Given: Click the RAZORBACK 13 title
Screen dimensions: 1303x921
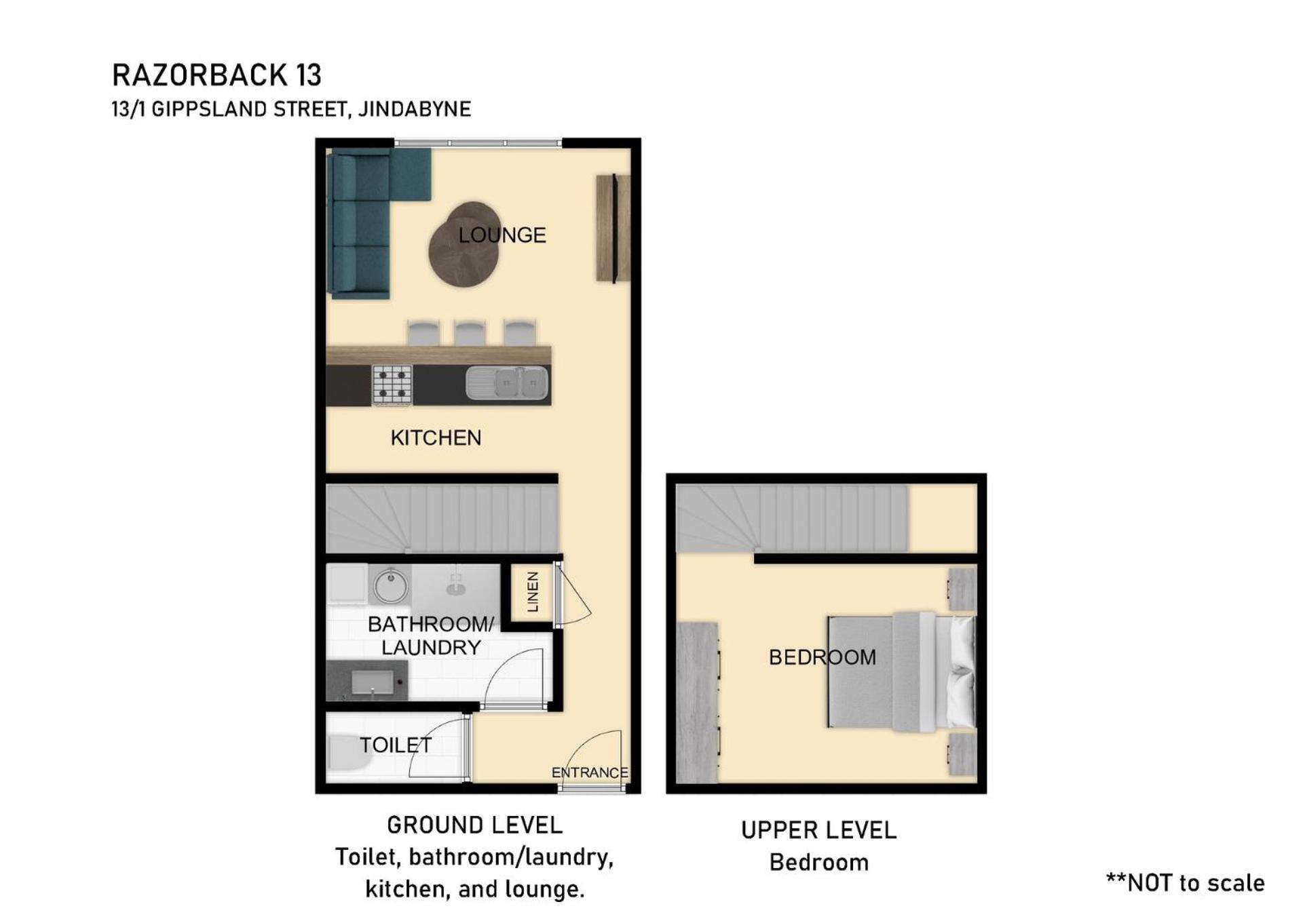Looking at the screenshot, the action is (x=216, y=75).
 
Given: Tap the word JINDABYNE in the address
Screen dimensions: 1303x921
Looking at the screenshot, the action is (x=414, y=109).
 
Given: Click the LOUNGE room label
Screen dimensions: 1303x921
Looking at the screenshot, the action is (x=502, y=235).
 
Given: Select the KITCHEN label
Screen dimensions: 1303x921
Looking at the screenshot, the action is (x=436, y=437).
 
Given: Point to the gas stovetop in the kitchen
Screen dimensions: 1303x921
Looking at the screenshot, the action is (x=392, y=385).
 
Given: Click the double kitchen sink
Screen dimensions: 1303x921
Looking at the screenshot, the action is (x=508, y=384).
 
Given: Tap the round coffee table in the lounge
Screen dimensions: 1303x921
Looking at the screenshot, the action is (x=466, y=245).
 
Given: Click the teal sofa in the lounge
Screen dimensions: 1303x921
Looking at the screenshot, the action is (x=366, y=224).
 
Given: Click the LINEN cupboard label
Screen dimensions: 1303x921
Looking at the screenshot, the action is (x=533, y=591).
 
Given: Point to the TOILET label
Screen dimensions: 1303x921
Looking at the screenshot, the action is (x=396, y=745).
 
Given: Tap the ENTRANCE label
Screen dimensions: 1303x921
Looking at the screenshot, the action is (x=590, y=772).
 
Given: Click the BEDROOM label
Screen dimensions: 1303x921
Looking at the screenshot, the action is (x=823, y=657).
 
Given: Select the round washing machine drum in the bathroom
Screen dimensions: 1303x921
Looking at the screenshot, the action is (x=391, y=585).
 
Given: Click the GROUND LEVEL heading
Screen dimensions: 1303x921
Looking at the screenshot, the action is (x=475, y=825).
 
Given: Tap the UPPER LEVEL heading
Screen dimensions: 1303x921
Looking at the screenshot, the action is (x=819, y=830).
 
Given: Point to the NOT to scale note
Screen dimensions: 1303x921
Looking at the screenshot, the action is (x=1186, y=882).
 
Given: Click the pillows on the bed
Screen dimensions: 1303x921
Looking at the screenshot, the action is (x=962, y=672).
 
